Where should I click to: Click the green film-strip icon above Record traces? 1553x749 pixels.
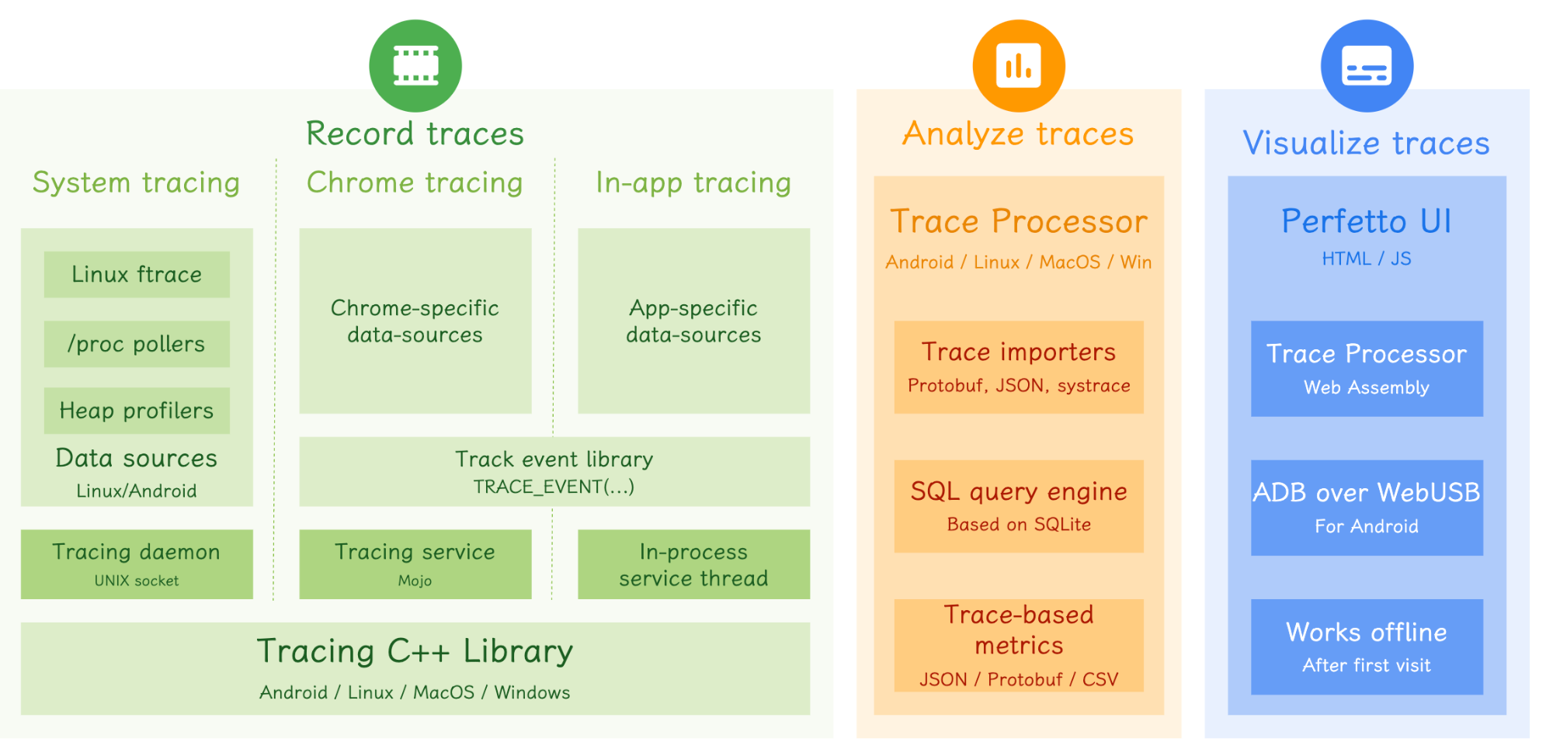point(415,66)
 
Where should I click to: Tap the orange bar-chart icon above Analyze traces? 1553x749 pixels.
point(1019,66)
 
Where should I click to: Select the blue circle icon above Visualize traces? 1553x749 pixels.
point(1367,66)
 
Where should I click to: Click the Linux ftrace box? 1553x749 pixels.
point(137,274)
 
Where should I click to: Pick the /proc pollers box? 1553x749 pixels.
point(137,344)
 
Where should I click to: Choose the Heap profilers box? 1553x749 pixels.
point(137,411)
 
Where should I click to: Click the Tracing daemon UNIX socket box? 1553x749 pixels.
point(137,564)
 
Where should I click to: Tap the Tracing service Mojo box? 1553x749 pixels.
point(415,564)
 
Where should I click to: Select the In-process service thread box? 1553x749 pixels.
point(693,564)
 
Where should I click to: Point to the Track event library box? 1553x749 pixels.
point(554,471)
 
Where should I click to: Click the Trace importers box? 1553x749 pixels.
point(1019,366)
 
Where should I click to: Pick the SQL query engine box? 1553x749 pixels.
point(1019,506)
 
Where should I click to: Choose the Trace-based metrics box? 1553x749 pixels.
point(1019,645)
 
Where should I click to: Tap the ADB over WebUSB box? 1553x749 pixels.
point(1367,508)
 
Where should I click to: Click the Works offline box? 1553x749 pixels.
point(1367,647)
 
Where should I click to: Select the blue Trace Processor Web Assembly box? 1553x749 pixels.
point(1367,368)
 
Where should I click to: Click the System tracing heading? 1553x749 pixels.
point(136,182)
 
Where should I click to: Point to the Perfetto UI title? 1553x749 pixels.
point(1367,221)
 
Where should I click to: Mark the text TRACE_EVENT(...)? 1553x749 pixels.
point(554,487)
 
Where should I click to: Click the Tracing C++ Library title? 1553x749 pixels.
point(415,651)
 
